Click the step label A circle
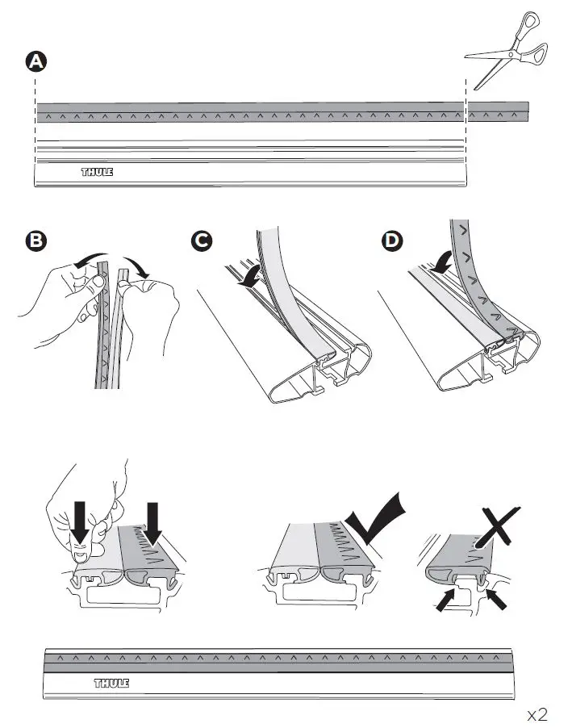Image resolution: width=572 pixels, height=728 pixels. point(35,61)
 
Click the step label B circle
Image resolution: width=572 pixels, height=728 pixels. point(35,240)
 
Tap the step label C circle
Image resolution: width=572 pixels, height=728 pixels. point(202,240)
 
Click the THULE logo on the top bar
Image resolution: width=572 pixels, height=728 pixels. point(97,172)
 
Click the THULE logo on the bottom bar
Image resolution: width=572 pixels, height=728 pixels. point(111,684)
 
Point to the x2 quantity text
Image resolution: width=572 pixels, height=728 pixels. point(537,714)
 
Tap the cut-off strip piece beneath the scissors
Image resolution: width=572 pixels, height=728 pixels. point(499,111)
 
